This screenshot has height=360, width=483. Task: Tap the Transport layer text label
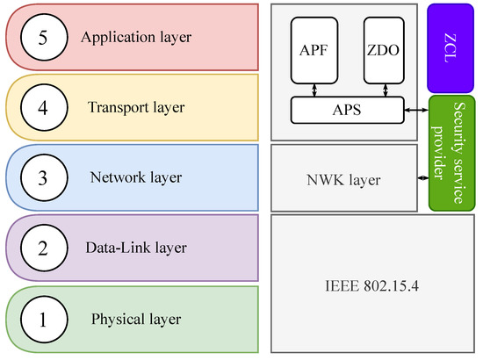click(136, 108)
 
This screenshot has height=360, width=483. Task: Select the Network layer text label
click(136, 177)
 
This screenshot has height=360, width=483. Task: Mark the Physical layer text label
click(136, 318)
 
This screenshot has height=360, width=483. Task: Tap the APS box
click(346, 110)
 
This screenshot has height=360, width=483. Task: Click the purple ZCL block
click(450, 47)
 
